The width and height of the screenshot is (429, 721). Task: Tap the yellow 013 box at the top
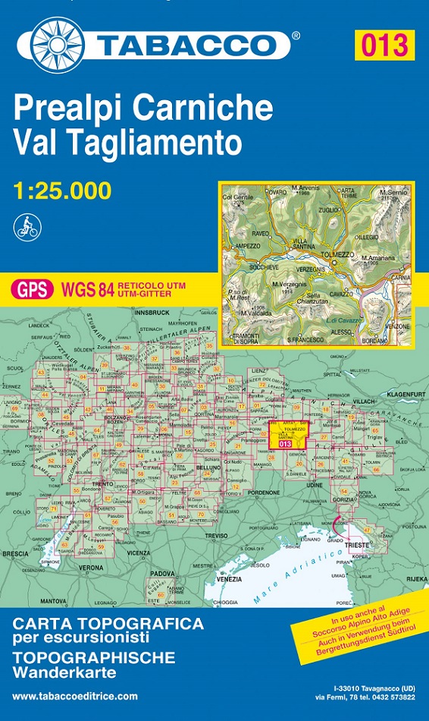[384, 45]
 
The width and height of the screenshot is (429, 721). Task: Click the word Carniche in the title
[202, 109]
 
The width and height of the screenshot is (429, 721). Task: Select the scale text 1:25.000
[62, 190]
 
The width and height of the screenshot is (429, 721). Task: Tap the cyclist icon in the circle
[27, 226]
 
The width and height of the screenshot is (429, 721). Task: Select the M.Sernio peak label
[394, 193]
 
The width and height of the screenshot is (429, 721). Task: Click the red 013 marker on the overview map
[284, 444]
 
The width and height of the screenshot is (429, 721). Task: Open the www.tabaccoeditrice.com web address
[75, 696]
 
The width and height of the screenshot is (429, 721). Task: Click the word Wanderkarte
[64, 672]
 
